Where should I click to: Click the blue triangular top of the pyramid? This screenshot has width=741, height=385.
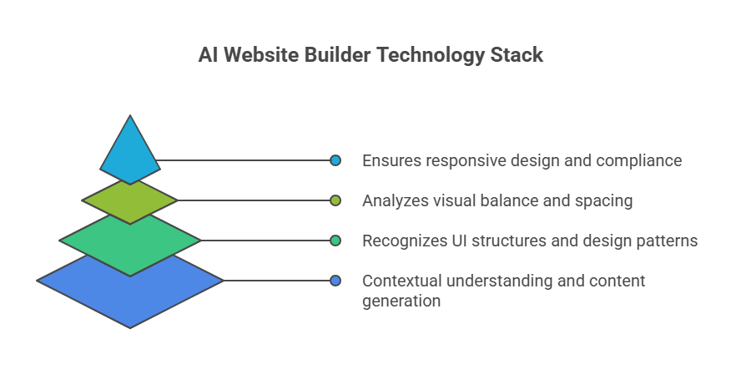(x=130, y=155)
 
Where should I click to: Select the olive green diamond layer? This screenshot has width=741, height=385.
(x=130, y=201)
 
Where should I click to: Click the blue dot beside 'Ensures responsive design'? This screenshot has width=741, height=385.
(x=335, y=160)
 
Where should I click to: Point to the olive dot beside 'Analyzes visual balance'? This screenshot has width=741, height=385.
(x=335, y=200)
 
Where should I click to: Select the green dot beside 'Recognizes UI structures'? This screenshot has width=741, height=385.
(x=335, y=241)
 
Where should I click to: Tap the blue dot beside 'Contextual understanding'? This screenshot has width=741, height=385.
(x=335, y=281)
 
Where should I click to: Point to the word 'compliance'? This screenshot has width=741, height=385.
(x=642, y=160)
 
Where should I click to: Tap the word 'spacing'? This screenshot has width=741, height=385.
(x=604, y=201)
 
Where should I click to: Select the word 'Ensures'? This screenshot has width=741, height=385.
(x=390, y=160)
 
